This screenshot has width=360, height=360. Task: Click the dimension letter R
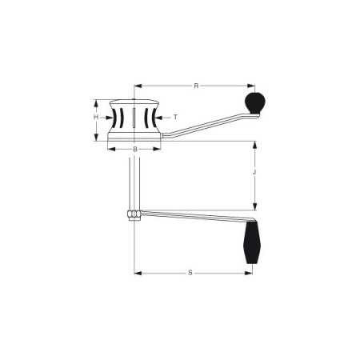tap(196, 85)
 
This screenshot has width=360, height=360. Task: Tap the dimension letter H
tap(96, 118)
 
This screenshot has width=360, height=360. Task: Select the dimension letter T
tap(175, 117)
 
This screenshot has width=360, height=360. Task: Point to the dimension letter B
tap(134, 149)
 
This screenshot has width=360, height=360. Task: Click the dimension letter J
tap(254, 172)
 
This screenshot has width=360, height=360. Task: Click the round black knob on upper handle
tap(254, 102)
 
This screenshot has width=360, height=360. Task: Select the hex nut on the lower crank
tap(134, 214)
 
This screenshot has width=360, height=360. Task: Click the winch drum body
tap(134, 118)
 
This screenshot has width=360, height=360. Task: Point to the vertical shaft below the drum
tap(134, 180)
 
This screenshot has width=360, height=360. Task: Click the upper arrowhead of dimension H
tap(96, 103)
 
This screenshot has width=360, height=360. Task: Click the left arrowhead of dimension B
tap(111, 149)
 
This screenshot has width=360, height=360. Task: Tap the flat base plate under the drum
tap(134, 140)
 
